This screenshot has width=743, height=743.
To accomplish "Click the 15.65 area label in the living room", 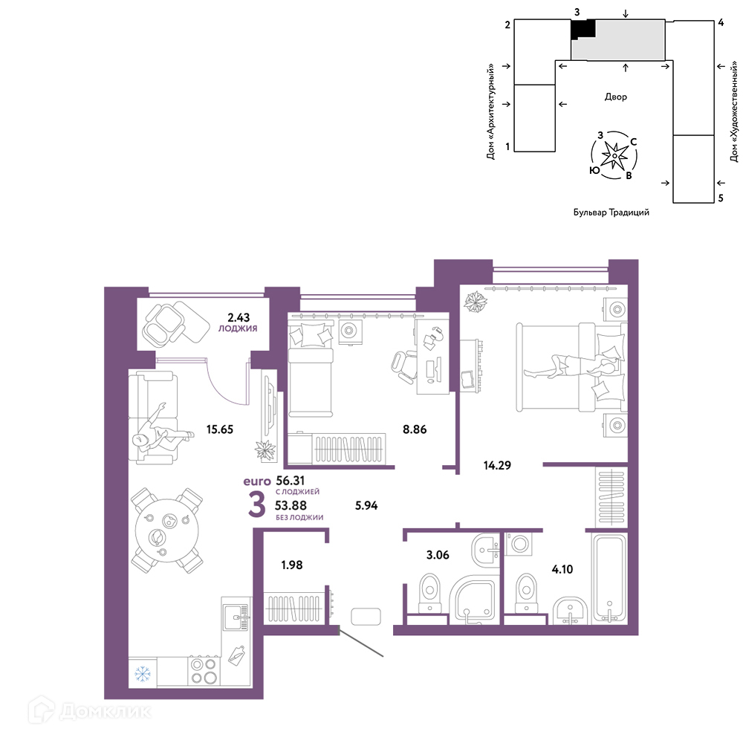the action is tap(220, 429).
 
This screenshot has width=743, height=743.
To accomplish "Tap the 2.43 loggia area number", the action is tap(239, 317).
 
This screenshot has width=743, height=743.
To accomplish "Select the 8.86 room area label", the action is tap(415, 429).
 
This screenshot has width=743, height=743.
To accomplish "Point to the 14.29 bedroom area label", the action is tap(497, 465).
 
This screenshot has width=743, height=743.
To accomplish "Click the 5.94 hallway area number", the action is tap(366, 505).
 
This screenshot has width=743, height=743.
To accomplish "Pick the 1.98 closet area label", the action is tap(292, 565).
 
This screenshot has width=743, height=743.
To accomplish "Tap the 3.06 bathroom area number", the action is tap(438, 555).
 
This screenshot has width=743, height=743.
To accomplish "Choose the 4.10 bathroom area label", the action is tap(562, 569).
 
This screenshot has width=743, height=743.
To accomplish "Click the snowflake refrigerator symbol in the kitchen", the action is tap(143, 673).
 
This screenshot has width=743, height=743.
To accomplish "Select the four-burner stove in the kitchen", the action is tap(204, 671).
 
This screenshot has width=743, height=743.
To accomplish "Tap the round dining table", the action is tap(166, 531).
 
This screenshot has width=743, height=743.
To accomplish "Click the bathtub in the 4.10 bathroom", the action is tap(609, 577).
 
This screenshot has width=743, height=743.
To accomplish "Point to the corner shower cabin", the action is tap(474, 600).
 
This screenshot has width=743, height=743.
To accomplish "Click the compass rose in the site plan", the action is tap(614, 155).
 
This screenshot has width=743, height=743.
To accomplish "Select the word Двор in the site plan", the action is tap(615, 97).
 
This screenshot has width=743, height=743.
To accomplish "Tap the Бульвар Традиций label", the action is tap(611, 212).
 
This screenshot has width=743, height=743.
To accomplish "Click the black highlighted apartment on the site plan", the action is tap(583, 30).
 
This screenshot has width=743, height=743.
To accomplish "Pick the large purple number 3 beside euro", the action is tap(257, 504).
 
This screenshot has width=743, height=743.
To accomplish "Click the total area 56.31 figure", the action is tap(291, 481).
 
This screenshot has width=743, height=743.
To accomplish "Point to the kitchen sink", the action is tap(236, 617).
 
